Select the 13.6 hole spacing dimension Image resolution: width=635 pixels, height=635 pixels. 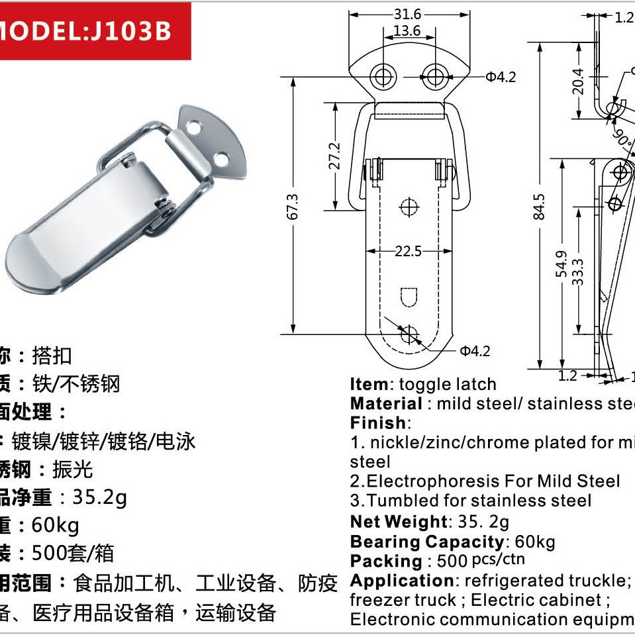407,30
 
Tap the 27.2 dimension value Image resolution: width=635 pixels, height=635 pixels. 334,156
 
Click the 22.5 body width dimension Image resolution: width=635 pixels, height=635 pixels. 409,252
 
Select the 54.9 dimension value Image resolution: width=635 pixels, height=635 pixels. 562,264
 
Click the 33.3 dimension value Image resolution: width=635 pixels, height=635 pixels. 579,271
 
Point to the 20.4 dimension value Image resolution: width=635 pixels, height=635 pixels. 578,81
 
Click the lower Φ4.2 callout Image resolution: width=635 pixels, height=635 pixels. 475,350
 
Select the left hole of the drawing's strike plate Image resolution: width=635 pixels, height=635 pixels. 382,77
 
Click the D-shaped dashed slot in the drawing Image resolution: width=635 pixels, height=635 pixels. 409,295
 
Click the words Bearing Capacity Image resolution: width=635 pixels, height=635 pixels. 427,542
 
